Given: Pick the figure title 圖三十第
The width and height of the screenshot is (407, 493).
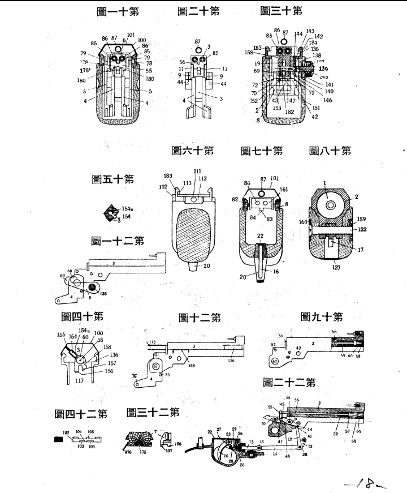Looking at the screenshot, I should pyautogui.click(x=281, y=11).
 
